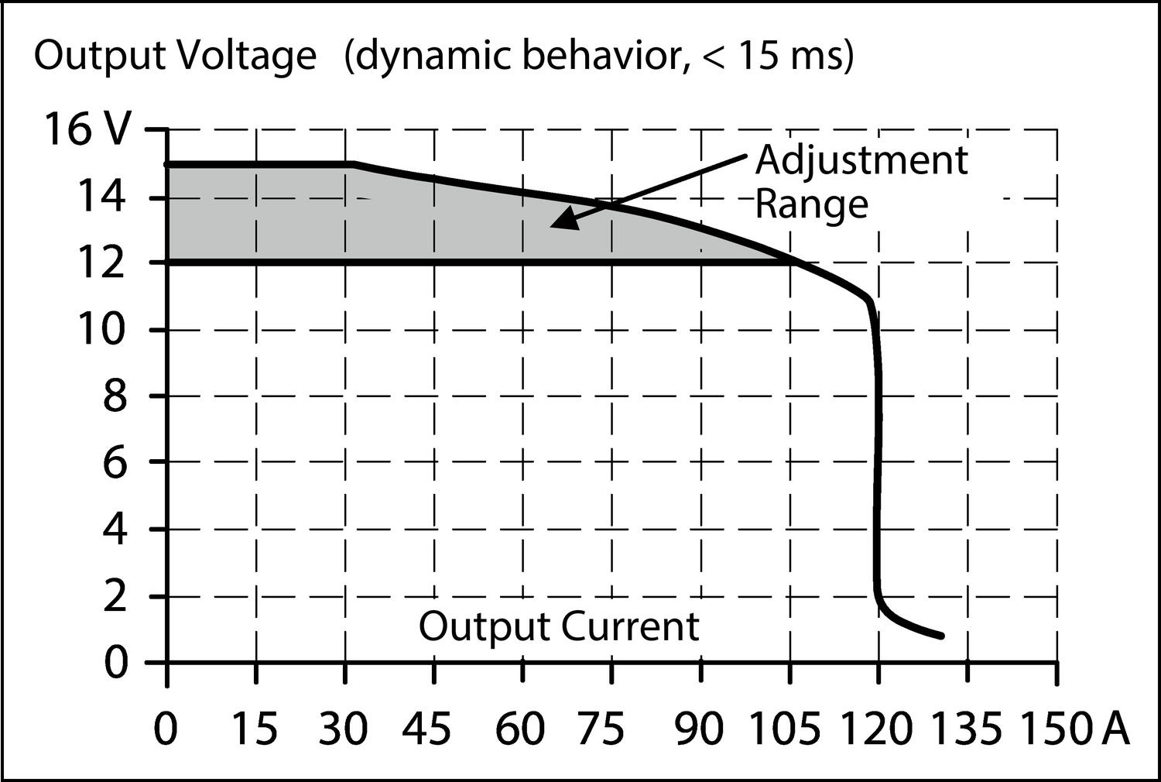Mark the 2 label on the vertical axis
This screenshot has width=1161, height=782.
tap(114, 597)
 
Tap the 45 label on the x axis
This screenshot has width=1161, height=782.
tap(434, 729)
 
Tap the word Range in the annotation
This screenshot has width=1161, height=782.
tap(811, 205)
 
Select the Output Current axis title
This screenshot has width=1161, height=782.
tap(559, 626)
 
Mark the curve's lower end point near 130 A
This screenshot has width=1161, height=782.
tap(941, 636)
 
